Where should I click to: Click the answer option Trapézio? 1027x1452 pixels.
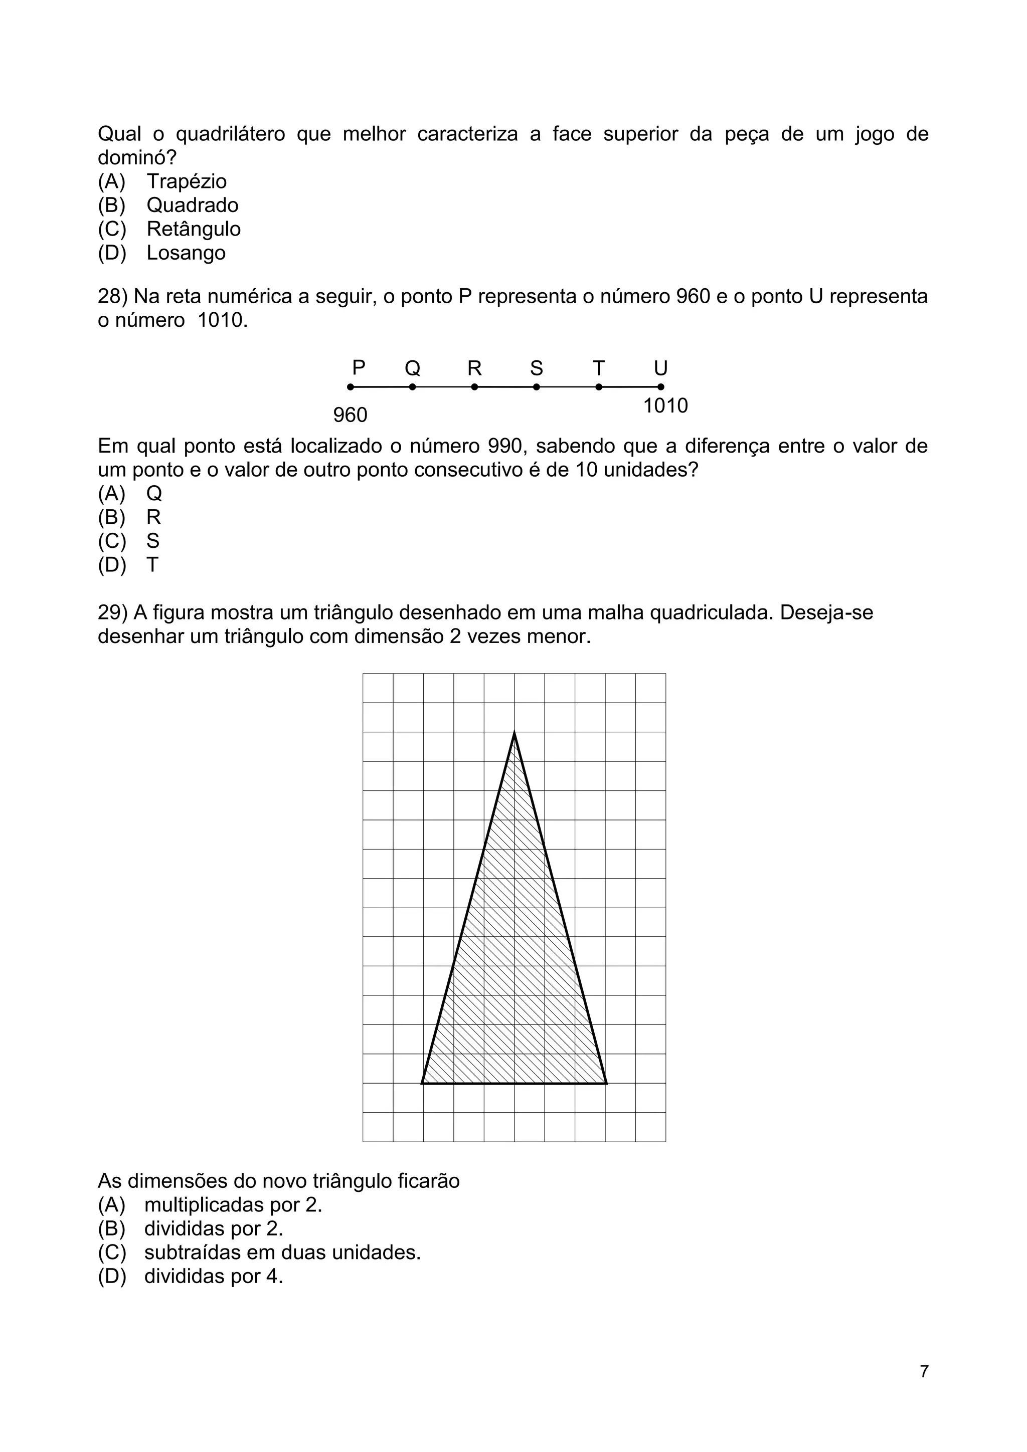[186, 181]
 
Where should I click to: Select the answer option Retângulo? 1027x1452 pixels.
[193, 229]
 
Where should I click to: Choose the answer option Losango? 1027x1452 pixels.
[186, 253]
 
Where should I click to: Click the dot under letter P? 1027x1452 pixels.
[351, 387]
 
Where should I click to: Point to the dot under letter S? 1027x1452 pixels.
[537, 387]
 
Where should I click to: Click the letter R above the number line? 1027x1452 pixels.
[474, 368]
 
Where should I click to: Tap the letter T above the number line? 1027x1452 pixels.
[599, 368]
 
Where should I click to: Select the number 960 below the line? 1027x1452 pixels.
[350, 416]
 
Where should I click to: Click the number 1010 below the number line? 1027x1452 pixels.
[665, 406]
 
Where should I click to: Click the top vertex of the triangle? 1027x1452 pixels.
[514, 732]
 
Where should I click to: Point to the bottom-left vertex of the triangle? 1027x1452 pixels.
[422, 1083]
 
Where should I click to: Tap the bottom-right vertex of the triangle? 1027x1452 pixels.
[606, 1083]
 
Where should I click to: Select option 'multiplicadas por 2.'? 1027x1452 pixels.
[233, 1205]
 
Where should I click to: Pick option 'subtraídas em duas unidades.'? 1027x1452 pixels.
[282, 1253]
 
